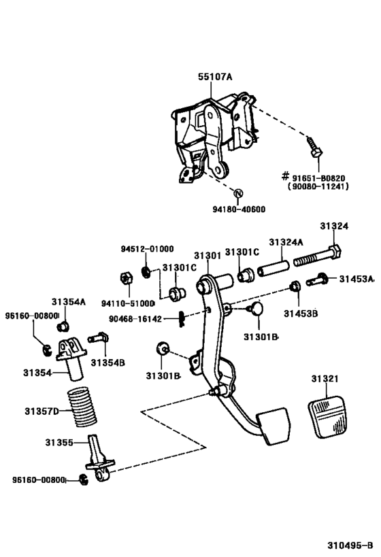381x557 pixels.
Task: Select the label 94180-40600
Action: [x=237, y=209]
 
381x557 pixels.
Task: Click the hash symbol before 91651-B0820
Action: [x=285, y=175]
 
